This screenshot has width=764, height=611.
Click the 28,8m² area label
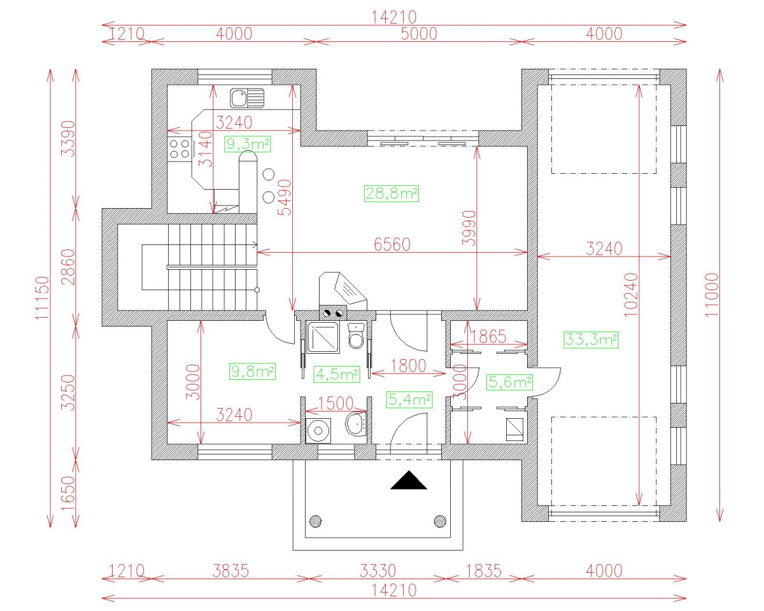[391, 194]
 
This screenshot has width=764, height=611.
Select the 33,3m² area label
[591, 339]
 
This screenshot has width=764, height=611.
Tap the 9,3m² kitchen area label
[248, 144]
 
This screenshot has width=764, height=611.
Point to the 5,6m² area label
[509, 382]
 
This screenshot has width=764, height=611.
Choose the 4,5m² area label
[337, 374]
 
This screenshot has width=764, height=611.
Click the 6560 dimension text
[392, 244]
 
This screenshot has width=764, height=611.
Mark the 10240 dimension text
[630, 295]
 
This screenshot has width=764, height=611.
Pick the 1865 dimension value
[488, 337]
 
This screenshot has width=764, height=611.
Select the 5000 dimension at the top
[419, 34]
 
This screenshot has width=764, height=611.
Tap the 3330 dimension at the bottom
[378, 572]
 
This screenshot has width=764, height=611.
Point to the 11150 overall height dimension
[42, 298]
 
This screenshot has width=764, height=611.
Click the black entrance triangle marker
[409, 480]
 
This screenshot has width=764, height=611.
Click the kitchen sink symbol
[247, 98]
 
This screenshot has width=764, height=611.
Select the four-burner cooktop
[180, 149]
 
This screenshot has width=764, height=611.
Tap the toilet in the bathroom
[356, 335]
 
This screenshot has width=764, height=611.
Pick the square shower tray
[322, 337]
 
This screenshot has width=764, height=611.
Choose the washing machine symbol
[318, 431]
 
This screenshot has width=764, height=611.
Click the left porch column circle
[315, 521]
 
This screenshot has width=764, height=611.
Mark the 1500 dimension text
[336, 404]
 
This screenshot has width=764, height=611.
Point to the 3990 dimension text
[469, 228]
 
